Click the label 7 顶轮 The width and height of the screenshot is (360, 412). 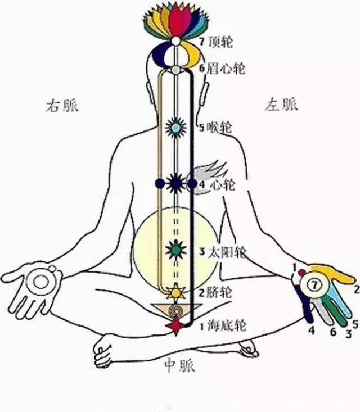[216, 42]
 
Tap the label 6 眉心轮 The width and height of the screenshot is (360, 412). [222, 69]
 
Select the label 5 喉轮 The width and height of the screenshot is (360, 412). [215, 128]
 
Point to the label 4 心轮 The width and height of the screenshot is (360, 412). [217, 185]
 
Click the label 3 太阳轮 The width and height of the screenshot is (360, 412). [223, 252]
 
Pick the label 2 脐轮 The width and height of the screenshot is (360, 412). [215, 292]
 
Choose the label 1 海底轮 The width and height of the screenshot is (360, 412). [223, 326]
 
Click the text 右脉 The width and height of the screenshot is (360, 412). [62, 106]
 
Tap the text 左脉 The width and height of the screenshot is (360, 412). [281, 104]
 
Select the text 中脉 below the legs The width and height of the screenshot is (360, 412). [180, 365]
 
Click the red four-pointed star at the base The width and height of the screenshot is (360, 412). [175, 326]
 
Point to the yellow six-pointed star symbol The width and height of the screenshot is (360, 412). [175, 292]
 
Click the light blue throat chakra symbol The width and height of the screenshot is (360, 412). [175, 128]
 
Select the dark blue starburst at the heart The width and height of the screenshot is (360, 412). [175, 183]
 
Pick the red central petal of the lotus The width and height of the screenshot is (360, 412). [175, 21]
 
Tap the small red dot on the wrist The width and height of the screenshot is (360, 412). [301, 272]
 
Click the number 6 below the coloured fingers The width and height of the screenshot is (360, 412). [333, 332]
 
